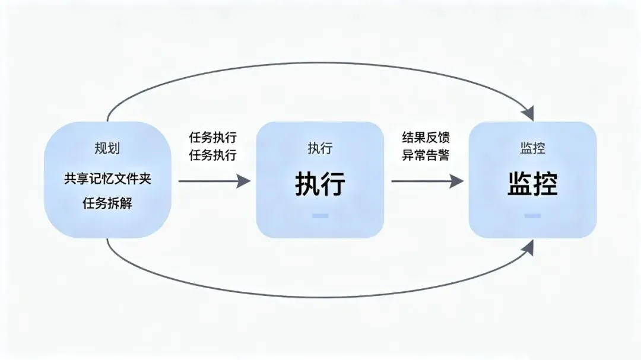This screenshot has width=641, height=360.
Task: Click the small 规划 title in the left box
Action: point(107,148)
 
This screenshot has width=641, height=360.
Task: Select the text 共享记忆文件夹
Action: point(107,179)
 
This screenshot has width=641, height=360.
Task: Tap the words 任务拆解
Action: point(107,203)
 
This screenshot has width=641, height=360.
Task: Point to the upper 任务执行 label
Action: point(212,138)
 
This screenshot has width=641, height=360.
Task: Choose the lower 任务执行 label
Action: point(212,155)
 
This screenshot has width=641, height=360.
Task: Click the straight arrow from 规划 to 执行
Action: point(214,181)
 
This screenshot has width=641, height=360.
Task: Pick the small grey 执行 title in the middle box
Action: point(320,148)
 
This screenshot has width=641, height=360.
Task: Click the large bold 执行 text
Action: point(320,184)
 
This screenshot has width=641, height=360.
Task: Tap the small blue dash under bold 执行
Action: point(320,215)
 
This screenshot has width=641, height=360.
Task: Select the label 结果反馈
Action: point(426,138)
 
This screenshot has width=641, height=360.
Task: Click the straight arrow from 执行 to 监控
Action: point(426,181)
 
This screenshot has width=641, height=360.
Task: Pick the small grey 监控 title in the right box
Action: point(532,148)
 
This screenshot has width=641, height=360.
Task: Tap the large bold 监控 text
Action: point(532,184)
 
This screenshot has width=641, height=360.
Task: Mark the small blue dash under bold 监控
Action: point(532,215)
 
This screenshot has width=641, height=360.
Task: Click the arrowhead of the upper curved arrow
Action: point(528,113)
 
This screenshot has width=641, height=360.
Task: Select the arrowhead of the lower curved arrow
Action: point(528,247)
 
